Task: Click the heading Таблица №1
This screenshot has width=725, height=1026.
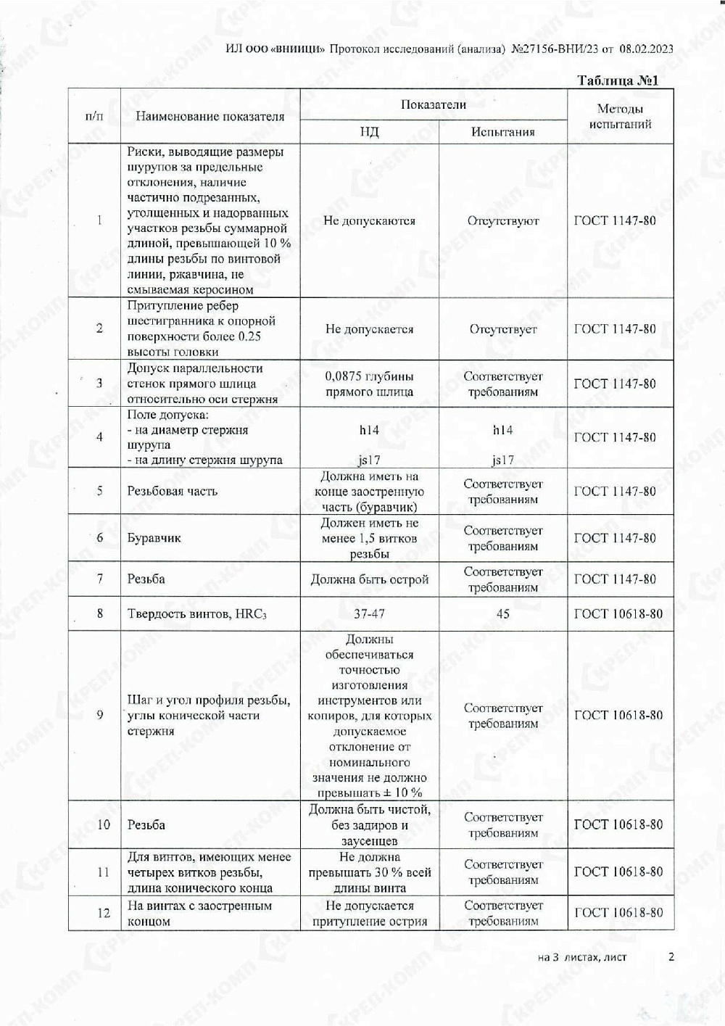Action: click(x=618, y=80)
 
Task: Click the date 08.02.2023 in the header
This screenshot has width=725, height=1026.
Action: click(x=647, y=49)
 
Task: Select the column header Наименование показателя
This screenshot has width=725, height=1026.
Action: click(x=210, y=116)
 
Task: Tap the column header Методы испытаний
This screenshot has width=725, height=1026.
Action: click(x=620, y=116)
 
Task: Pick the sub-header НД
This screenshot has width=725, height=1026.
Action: click(x=369, y=132)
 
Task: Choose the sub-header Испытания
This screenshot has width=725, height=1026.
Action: click(x=502, y=132)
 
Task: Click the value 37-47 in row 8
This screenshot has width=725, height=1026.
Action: click(x=369, y=613)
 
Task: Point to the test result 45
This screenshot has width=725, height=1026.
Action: click(x=502, y=613)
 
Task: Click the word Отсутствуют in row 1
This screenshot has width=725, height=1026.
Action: click(x=503, y=221)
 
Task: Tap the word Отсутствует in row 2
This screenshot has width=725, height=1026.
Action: click(x=503, y=329)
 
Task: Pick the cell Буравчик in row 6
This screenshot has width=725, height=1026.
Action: click(x=154, y=538)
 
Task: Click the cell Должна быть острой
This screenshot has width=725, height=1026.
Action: click(x=369, y=579)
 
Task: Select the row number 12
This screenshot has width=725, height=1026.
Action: click(x=103, y=913)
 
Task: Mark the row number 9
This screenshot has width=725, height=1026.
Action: click(x=100, y=715)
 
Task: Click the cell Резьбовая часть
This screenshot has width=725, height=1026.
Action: click(x=172, y=492)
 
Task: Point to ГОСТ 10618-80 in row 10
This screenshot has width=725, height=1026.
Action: click(x=618, y=824)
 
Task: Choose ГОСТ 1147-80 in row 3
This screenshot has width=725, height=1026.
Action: click(x=615, y=384)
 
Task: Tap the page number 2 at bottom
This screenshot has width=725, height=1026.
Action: click(x=671, y=956)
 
